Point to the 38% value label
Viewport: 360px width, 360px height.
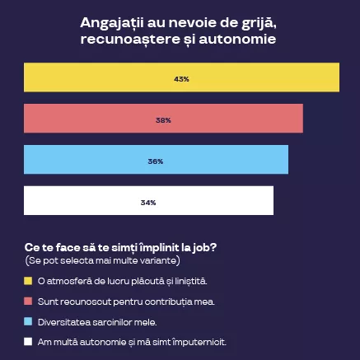click(x=163, y=119)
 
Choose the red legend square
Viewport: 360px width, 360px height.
click(x=28, y=302)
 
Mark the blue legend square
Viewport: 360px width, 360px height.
click(x=28, y=321)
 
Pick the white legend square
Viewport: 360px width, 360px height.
click(x=28, y=341)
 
